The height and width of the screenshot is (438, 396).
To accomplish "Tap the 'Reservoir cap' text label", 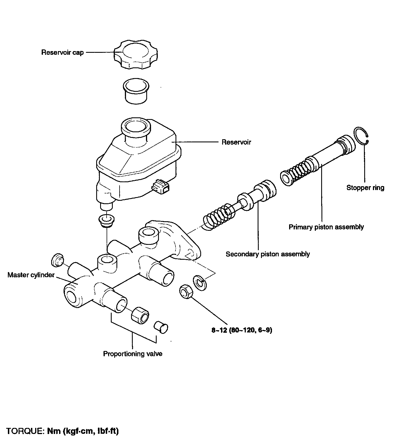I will coord(62,53).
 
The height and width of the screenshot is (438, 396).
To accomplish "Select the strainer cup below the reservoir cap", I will coord(136,91).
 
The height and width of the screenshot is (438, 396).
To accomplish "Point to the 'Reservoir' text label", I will coord(236,142).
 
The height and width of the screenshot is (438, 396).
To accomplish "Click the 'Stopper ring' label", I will coord(365,188).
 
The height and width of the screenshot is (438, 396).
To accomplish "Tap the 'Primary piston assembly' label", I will coord(326,227).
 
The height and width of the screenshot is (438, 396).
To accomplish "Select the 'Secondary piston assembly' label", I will coord(267,254).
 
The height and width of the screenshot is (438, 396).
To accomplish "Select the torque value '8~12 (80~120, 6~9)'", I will coord(242,330).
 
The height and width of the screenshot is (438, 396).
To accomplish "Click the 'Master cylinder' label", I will coord(31,275).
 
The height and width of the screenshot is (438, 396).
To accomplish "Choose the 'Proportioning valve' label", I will coord(132,353).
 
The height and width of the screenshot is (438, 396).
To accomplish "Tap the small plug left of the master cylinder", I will coord(57,260).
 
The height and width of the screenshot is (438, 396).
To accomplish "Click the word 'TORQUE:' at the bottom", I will coord(25,431).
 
